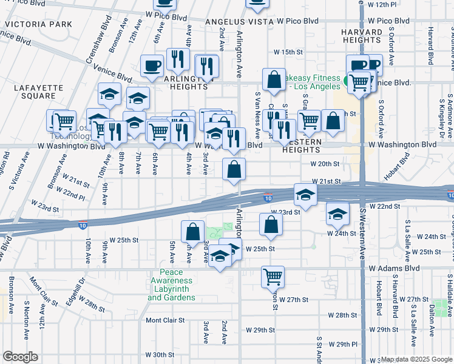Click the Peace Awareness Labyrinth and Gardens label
point(171,289)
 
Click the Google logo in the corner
point(20,357)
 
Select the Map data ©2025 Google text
point(416,359)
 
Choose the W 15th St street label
point(288,52)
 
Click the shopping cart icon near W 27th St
point(273,277)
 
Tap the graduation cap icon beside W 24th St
point(337,212)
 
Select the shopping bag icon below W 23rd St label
point(271,224)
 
